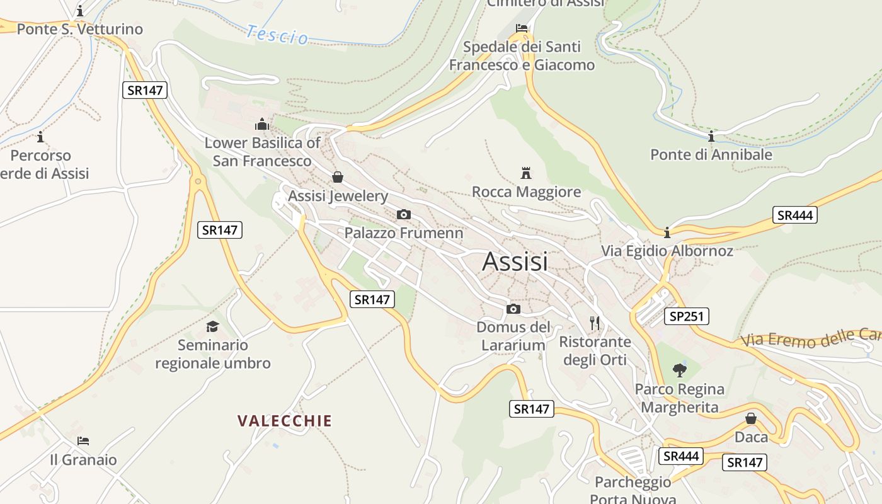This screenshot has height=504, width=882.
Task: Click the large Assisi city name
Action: click(515, 261)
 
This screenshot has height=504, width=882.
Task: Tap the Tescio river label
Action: click(277, 35)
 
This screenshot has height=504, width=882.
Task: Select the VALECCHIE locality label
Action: click(284, 421)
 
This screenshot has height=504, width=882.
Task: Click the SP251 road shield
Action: click(686, 316)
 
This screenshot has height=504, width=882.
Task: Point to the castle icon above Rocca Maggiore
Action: click(525, 173)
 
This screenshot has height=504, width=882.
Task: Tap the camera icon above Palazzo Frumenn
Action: click(404, 214)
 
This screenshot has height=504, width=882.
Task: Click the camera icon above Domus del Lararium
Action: click(513, 309)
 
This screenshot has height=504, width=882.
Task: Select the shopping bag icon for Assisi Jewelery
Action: click(338, 177)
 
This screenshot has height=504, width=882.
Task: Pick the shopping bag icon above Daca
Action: click(751, 418)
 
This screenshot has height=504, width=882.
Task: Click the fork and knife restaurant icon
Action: click(595, 323)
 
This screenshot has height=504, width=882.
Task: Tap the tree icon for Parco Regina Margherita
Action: click(679, 370)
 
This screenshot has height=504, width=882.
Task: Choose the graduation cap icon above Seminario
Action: click(212, 326)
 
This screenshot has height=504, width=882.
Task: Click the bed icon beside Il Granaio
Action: click(83, 440)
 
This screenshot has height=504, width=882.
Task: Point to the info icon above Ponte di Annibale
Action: click(711, 136)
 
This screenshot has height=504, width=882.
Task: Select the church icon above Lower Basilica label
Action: click(262, 124)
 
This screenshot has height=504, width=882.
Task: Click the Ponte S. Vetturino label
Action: click(80, 29)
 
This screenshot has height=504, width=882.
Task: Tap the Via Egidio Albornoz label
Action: click(667, 251)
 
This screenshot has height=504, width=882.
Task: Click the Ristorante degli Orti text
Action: click(595, 350)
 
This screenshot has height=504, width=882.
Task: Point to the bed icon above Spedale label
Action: click(522, 28)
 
